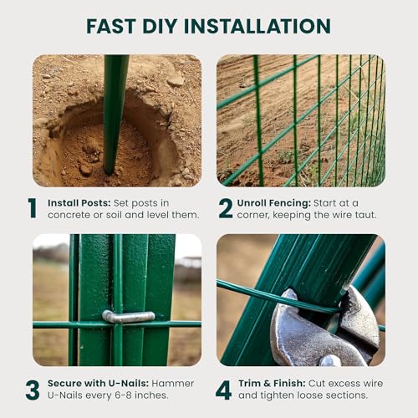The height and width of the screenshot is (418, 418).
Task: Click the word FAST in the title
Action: (x=111, y=26)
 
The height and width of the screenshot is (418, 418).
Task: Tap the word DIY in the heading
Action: (x=160, y=26)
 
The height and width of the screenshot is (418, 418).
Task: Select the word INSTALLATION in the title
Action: (x=257, y=26)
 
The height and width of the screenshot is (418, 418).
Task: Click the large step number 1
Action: (x=33, y=208)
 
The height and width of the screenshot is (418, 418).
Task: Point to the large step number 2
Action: (x=226, y=208)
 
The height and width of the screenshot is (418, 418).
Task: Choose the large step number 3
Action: (x=33, y=390)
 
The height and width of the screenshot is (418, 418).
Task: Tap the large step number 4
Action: (x=223, y=390)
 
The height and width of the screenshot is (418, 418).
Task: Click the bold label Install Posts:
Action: (x=79, y=203)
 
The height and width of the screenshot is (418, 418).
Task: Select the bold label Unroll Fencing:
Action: (x=274, y=203)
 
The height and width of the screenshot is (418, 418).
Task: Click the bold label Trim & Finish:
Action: (x=272, y=383)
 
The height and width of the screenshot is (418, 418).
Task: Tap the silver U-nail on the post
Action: (x=128, y=317)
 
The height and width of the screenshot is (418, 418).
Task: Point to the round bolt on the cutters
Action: (x=330, y=360)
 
